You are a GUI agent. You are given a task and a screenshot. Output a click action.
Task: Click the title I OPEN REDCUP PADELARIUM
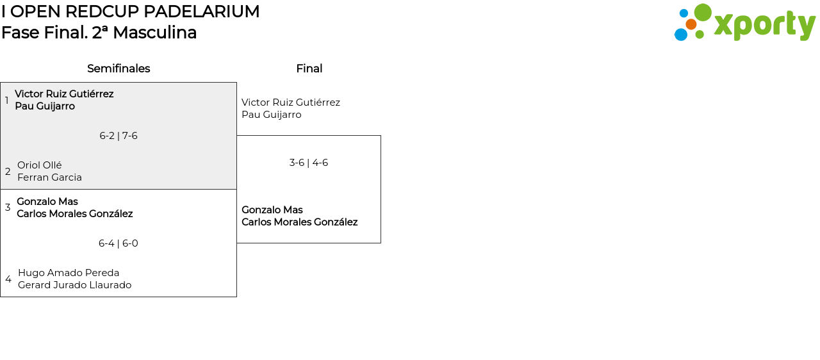130,12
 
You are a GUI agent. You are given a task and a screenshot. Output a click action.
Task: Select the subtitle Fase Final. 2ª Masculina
99,33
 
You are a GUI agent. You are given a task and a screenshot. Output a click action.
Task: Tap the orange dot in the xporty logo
691,24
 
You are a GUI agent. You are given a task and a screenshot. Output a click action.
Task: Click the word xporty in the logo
764,26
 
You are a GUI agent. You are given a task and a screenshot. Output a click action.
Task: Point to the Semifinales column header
119,69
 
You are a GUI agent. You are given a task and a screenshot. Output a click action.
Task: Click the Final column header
309,69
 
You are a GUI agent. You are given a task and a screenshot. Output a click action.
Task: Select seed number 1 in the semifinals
7,101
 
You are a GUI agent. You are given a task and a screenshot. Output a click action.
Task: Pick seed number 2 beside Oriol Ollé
8,172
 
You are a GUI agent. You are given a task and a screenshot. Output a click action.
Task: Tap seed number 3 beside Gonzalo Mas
8,208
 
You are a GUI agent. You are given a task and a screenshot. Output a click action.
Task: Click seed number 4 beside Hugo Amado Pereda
8,279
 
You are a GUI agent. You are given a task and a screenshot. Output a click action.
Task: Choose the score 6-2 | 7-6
119,136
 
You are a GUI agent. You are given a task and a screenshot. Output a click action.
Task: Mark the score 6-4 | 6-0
119,243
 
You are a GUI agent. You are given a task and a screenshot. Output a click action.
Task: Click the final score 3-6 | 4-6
309,163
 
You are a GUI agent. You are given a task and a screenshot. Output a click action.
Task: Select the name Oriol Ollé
40,165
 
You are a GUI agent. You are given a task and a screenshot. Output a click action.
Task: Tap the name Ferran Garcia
49,177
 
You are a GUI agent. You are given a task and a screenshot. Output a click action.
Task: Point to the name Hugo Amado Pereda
69,273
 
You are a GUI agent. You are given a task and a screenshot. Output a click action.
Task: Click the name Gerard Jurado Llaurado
74,285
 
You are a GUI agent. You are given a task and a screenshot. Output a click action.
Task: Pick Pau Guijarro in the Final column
271,115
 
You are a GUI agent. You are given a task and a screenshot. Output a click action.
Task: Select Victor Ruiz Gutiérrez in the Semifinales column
64,94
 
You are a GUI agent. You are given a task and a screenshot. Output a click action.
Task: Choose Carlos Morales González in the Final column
299,222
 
